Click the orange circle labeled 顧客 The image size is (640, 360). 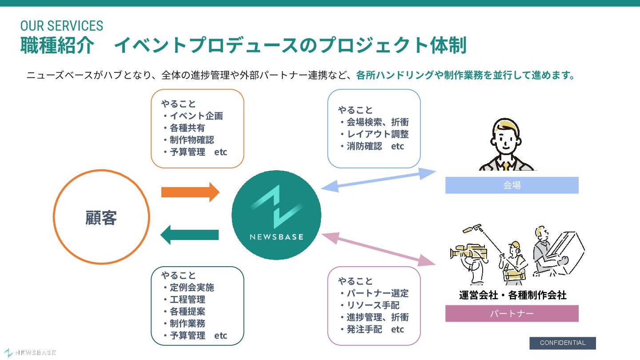pos(101,217)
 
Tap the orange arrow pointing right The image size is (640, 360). pos(190,192)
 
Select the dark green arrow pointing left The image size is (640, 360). pos(190,235)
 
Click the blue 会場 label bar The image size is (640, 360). pos(512,185)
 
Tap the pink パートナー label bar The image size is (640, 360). pos(512,313)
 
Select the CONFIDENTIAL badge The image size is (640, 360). pos(562,343)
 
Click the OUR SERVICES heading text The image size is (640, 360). pos(62,26)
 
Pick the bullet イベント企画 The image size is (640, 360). pos(196,116)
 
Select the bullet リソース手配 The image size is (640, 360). pos(372,305)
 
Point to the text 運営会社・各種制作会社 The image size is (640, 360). pos(512,295)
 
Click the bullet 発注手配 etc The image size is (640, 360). pos(375,329)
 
